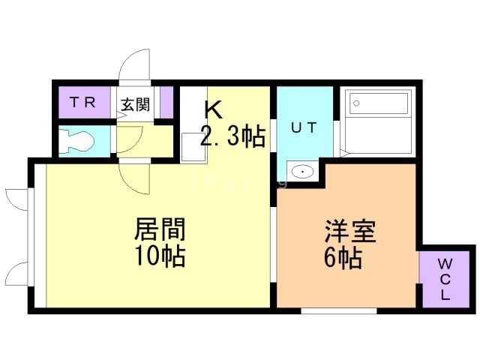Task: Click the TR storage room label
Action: (x=83, y=103)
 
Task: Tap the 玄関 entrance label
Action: (x=136, y=103)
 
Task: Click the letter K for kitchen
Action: (x=213, y=109)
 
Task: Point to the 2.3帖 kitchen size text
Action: (x=232, y=136)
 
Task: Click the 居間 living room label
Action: (x=160, y=228)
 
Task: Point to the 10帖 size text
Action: (x=160, y=256)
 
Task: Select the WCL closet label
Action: (x=445, y=278)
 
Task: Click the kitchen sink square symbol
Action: (x=192, y=145)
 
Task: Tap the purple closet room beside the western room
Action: (x=445, y=277)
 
